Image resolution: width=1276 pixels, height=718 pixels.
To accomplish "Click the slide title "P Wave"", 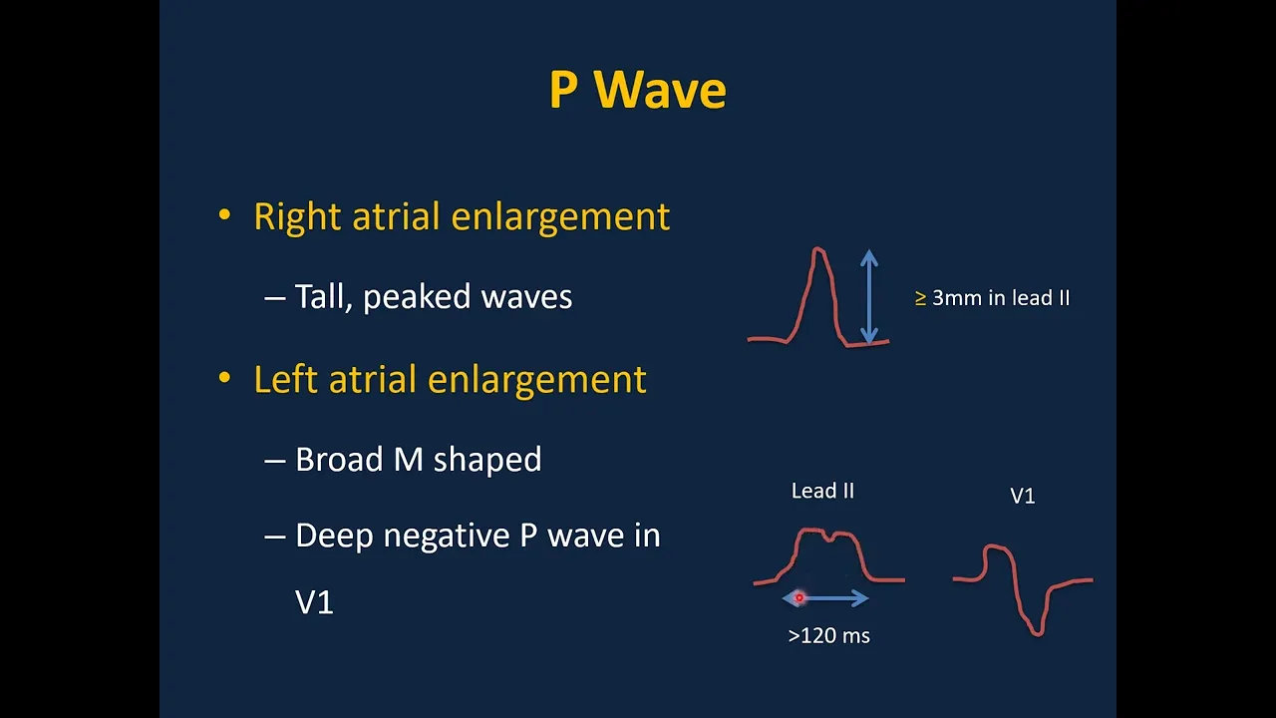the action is [x=637, y=90].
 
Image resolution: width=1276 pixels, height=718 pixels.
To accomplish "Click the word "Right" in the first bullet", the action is [x=297, y=217].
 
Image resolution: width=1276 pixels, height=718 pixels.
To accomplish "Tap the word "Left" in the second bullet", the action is [x=285, y=379].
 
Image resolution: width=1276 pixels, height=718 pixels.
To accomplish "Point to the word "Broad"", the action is [x=339, y=459].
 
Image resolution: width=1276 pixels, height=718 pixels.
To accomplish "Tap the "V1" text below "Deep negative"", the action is [x=314, y=601].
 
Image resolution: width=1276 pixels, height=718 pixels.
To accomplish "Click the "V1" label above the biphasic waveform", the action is [x=1023, y=496].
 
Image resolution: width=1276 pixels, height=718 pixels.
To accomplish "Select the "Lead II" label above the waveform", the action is [x=822, y=491].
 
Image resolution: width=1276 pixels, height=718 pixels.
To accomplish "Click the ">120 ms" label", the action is [x=828, y=635].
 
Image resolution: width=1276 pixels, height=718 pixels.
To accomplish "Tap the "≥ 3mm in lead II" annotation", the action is [x=992, y=298].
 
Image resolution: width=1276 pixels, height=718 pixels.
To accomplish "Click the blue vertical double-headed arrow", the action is [x=868, y=296].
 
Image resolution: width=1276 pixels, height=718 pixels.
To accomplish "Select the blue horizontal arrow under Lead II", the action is [x=824, y=597].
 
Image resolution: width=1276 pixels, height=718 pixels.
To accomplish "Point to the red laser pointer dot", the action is [x=799, y=597].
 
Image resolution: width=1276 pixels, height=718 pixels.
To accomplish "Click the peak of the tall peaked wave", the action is [x=818, y=249].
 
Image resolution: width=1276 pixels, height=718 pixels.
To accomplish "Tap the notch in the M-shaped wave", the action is [x=827, y=538].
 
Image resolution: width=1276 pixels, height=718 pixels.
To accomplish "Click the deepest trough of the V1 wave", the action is [x=1038, y=633].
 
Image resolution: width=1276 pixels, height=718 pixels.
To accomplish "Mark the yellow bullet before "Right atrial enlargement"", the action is [x=224, y=214].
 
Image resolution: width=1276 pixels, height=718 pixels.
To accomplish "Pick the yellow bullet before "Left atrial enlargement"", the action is [x=224, y=377].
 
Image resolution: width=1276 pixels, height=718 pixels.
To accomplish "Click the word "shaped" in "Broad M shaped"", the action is [x=487, y=461].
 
